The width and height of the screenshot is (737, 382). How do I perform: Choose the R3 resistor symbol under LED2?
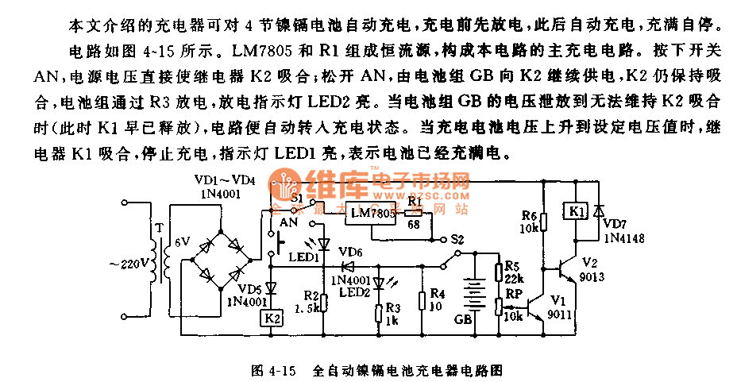pos(379,311)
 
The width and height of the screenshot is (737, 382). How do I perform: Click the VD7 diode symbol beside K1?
pos(598,210)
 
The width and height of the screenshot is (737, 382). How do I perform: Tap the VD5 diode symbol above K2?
pos(271,287)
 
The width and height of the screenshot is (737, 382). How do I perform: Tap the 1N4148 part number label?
pos(626,237)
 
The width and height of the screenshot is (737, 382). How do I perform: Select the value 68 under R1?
pos(413,225)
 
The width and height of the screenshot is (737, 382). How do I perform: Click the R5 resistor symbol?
pos(499,273)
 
